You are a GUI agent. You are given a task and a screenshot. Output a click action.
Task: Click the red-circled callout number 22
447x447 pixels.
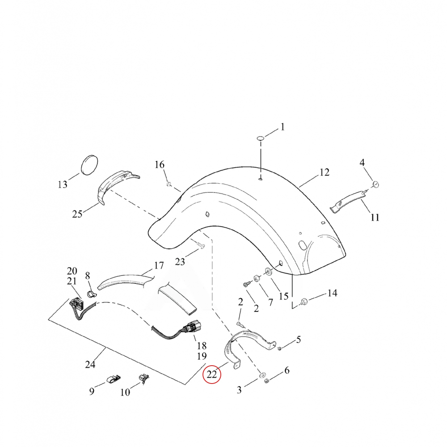click(x=212, y=374)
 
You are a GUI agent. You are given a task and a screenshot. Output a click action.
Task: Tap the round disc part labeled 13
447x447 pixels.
click(x=90, y=165)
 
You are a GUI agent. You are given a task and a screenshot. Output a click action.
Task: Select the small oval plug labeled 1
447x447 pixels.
click(x=261, y=138)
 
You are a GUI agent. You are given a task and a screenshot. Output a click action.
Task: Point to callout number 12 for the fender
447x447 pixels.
click(x=324, y=172)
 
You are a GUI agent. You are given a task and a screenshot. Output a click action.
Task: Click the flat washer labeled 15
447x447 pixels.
click(x=269, y=271)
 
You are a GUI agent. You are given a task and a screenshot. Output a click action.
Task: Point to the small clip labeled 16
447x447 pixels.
click(x=169, y=184)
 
